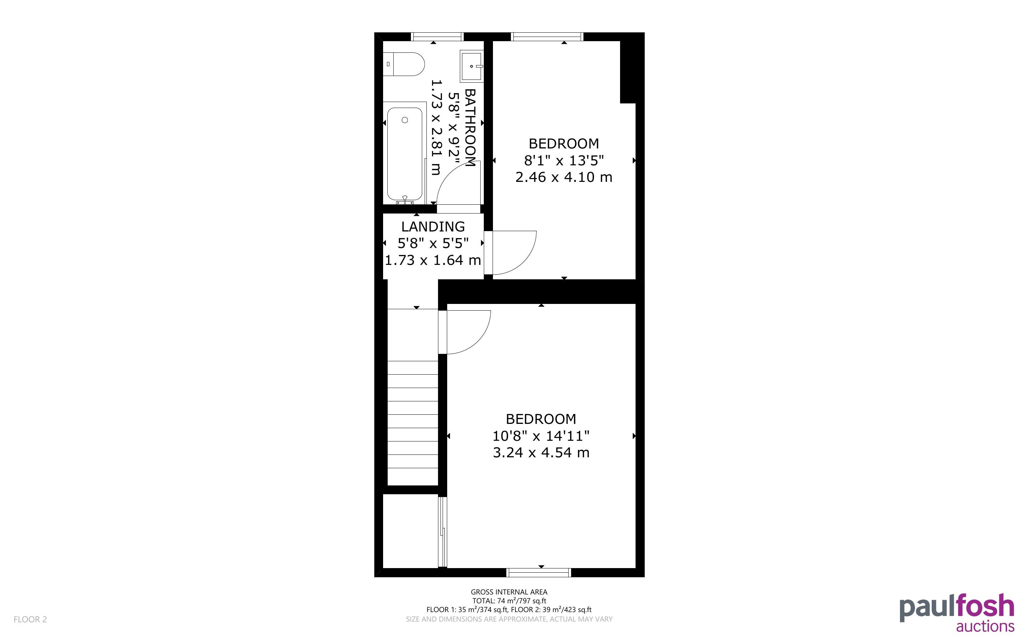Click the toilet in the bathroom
coord(404,64)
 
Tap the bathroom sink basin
coord(471,66)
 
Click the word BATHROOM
coord(470,127)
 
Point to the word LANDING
coord(433,227)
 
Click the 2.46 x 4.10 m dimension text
coord(564,177)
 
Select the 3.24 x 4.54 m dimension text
coord(541,453)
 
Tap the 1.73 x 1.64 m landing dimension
coord(433,260)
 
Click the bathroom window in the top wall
coord(437,37)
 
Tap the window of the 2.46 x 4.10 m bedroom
coord(547,37)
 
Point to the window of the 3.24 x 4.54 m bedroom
coord(539,572)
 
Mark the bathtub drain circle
coord(405,120)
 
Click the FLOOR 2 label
coord(30,619)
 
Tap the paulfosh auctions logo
coord(957,612)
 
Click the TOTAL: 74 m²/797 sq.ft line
coord(509,601)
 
